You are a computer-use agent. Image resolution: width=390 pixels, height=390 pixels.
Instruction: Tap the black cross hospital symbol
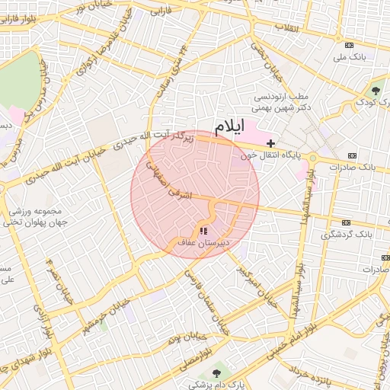pyautogui.click(x=270, y=143)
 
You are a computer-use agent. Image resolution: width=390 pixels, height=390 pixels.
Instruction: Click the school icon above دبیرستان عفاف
pyautogui.click(x=203, y=230)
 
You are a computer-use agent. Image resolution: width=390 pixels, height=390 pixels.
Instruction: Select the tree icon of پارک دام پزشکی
pyautogui.click(x=218, y=372)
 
